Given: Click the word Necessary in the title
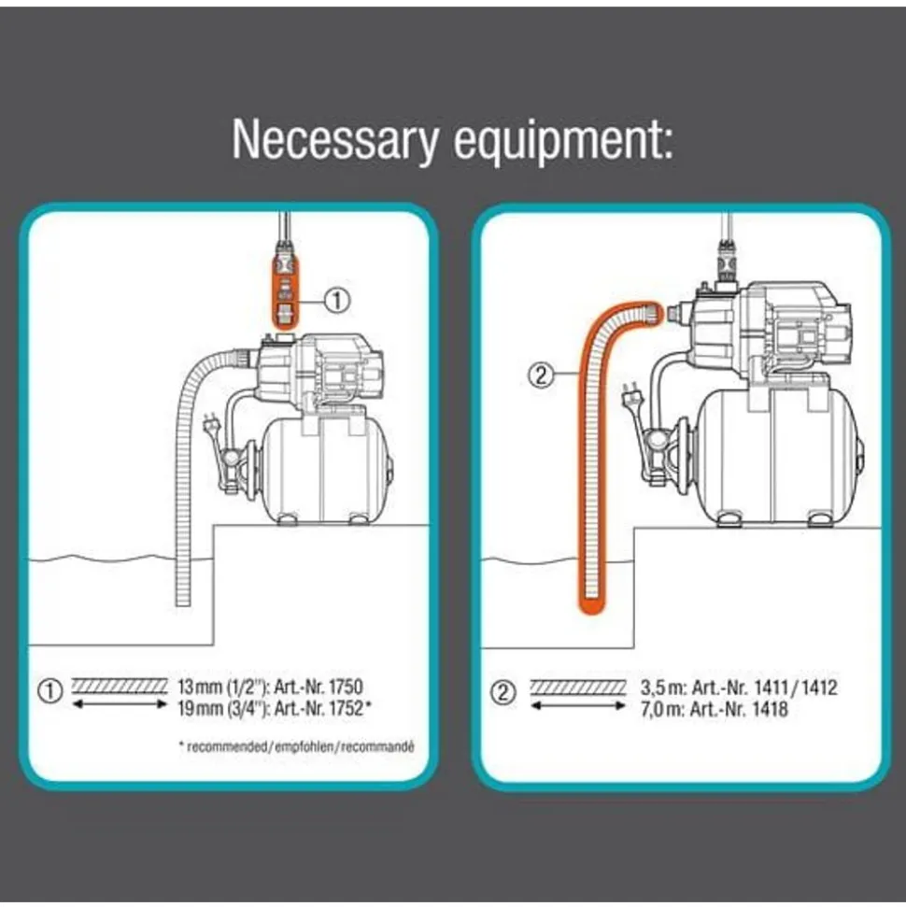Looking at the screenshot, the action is pyautogui.click(x=335, y=140).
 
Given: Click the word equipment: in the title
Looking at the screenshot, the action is pyautogui.click(x=563, y=143).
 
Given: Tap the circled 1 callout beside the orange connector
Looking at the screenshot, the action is pyautogui.click(x=337, y=301).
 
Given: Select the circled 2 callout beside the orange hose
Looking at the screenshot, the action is pyautogui.click(x=542, y=376).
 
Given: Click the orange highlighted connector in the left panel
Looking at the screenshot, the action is pyautogui.click(x=286, y=286).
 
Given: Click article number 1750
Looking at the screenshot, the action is pyautogui.click(x=346, y=687).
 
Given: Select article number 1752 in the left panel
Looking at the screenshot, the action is pyautogui.click(x=345, y=708).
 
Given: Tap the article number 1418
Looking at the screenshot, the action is pyautogui.click(x=770, y=709).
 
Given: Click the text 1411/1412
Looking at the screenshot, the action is pyautogui.click(x=797, y=687).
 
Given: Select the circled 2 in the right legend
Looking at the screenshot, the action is pyautogui.click(x=503, y=692).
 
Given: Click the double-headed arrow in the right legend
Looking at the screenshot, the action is pyautogui.click(x=578, y=705).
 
